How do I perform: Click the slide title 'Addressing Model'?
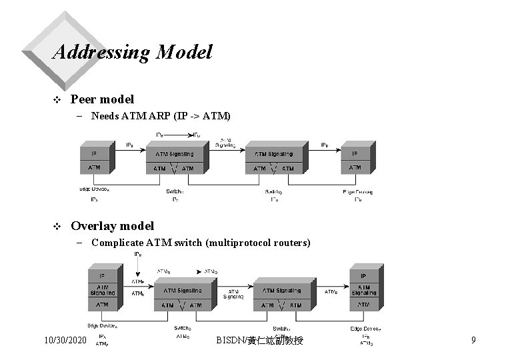tap(131, 52)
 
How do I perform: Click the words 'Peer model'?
tap(102, 99)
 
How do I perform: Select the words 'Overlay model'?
tap(112, 226)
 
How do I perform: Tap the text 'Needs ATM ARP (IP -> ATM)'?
tap(161, 117)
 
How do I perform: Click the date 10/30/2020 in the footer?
tap(65, 341)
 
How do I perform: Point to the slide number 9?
tap(473, 341)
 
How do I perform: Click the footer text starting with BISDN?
tap(260, 341)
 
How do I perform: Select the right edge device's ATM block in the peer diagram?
tap(355, 167)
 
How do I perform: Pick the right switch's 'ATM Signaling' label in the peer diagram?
tap(273, 154)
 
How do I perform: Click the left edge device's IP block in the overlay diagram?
tap(101, 275)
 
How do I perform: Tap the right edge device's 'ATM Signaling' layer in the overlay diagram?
tap(364, 290)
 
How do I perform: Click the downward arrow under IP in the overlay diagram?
tap(137, 268)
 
